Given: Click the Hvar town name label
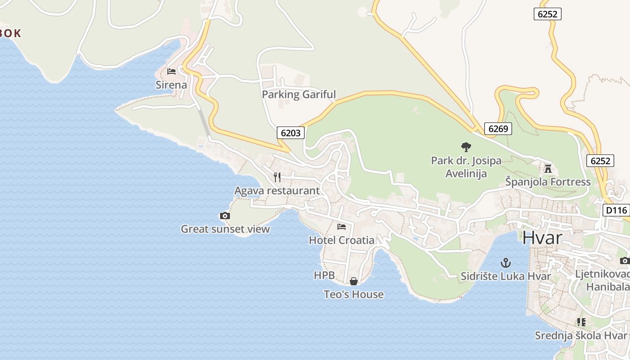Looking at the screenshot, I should [542, 238].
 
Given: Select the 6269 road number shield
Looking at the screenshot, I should [498, 129].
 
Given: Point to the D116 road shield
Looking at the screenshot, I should [616, 210].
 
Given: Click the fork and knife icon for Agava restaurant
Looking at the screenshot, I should [277, 177].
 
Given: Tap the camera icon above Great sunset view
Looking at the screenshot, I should [225, 216].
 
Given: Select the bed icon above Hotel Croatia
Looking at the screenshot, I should [342, 227].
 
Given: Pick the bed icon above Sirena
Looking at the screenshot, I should [171, 72].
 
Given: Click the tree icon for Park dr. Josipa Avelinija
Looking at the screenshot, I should [466, 147].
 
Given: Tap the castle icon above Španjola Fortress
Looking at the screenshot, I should [548, 169].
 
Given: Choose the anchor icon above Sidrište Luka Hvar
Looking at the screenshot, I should [506, 263].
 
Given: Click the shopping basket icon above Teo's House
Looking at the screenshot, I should [354, 281].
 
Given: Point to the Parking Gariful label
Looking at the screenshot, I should [299, 94].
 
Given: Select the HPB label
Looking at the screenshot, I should [324, 275].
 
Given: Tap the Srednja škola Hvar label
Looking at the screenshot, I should [580, 336].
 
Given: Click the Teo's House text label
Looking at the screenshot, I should [354, 294].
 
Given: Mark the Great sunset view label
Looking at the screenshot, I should [225, 229].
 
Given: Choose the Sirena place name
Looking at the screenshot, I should [171, 85].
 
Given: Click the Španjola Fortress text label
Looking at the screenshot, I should [548, 182].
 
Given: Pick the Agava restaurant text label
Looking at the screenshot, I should [277, 191].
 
